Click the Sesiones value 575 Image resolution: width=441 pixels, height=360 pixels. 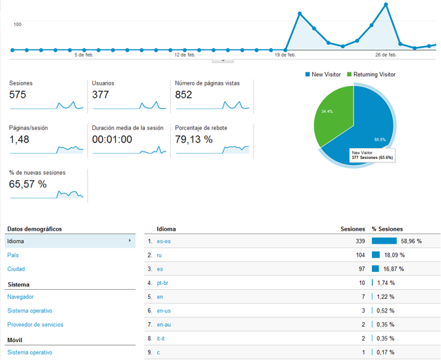coord(17,95)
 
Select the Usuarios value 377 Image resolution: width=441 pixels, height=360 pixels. coord(101,95)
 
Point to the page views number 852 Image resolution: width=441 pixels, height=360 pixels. coord(183,95)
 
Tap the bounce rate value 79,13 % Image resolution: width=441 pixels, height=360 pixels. coord(194,140)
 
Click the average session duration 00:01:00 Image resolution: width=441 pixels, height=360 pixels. coord(116,140)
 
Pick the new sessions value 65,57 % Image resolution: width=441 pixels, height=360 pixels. coord(28,184)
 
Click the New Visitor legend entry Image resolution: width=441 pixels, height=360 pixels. coord(323,74)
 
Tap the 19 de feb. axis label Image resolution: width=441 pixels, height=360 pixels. coord(285,54)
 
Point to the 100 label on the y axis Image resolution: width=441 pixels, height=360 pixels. coord(17,24)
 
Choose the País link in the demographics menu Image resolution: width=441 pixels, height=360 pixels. coord(13,255)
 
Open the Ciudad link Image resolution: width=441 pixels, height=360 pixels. coord(16,269)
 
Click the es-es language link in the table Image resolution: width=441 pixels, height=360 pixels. coord(164,241)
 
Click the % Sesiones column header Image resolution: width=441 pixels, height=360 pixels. coord(387,229)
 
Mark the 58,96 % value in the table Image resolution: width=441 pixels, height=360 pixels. coord(411,241)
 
